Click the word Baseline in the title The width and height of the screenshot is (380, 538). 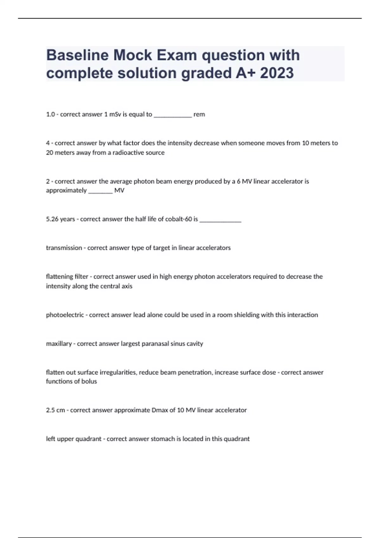tap(77, 55)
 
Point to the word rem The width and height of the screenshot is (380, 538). tap(199, 115)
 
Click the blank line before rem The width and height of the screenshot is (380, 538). tap(173, 116)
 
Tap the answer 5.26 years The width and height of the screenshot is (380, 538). tap(60, 219)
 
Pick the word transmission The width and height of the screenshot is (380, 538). tap(64, 248)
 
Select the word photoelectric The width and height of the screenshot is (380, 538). tap(65, 315)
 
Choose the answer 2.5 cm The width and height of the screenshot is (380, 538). tap(55, 410)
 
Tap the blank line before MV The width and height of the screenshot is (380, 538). tap(100, 192)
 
